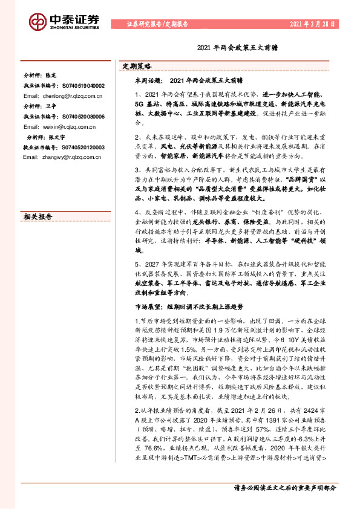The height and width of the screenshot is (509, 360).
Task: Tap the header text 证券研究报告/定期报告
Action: (x=157, y=24)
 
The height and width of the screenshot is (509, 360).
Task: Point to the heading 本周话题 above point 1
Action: (x=148, y=80)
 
